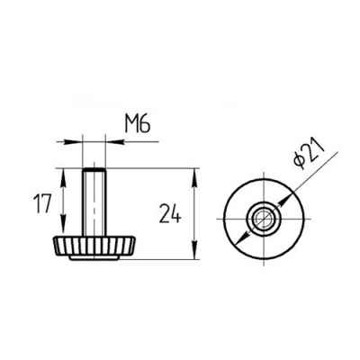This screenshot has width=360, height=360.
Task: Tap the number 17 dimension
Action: click(x=42, y=203)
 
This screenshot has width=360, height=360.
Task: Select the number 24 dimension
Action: click(x=170, y=213)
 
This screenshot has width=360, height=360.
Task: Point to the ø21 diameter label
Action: click(x=309, y=155)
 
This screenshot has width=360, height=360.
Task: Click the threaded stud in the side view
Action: click(x=94, y=202)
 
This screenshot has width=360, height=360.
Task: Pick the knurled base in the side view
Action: click(x=94, y=246)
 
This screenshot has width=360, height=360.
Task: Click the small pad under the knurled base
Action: click(x=94, y=257)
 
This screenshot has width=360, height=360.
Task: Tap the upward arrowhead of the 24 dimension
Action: click(x=195, y=178)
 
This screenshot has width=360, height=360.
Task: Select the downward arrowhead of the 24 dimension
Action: click(x=195, y=249)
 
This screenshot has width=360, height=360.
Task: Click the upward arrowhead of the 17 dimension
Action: click(x=63, y=178)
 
